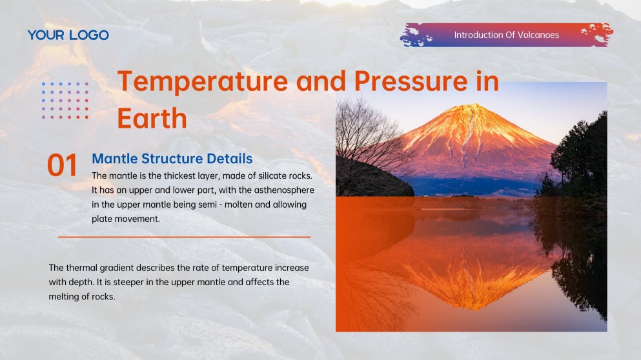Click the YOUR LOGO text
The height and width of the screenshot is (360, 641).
[x=68, y=35]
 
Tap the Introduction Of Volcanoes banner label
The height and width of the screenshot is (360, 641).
[x=506, y=35]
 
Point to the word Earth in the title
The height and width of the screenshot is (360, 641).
[x=152, y=119]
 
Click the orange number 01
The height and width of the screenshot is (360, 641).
[x=63, y=166]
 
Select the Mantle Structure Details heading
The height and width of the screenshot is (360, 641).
[x=172, y=158]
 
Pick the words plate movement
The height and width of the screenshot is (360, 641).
[x=125, y=219]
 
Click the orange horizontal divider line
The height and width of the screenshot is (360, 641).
[x=184, y=237]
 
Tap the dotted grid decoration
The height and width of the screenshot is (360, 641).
[x=65, y=100]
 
